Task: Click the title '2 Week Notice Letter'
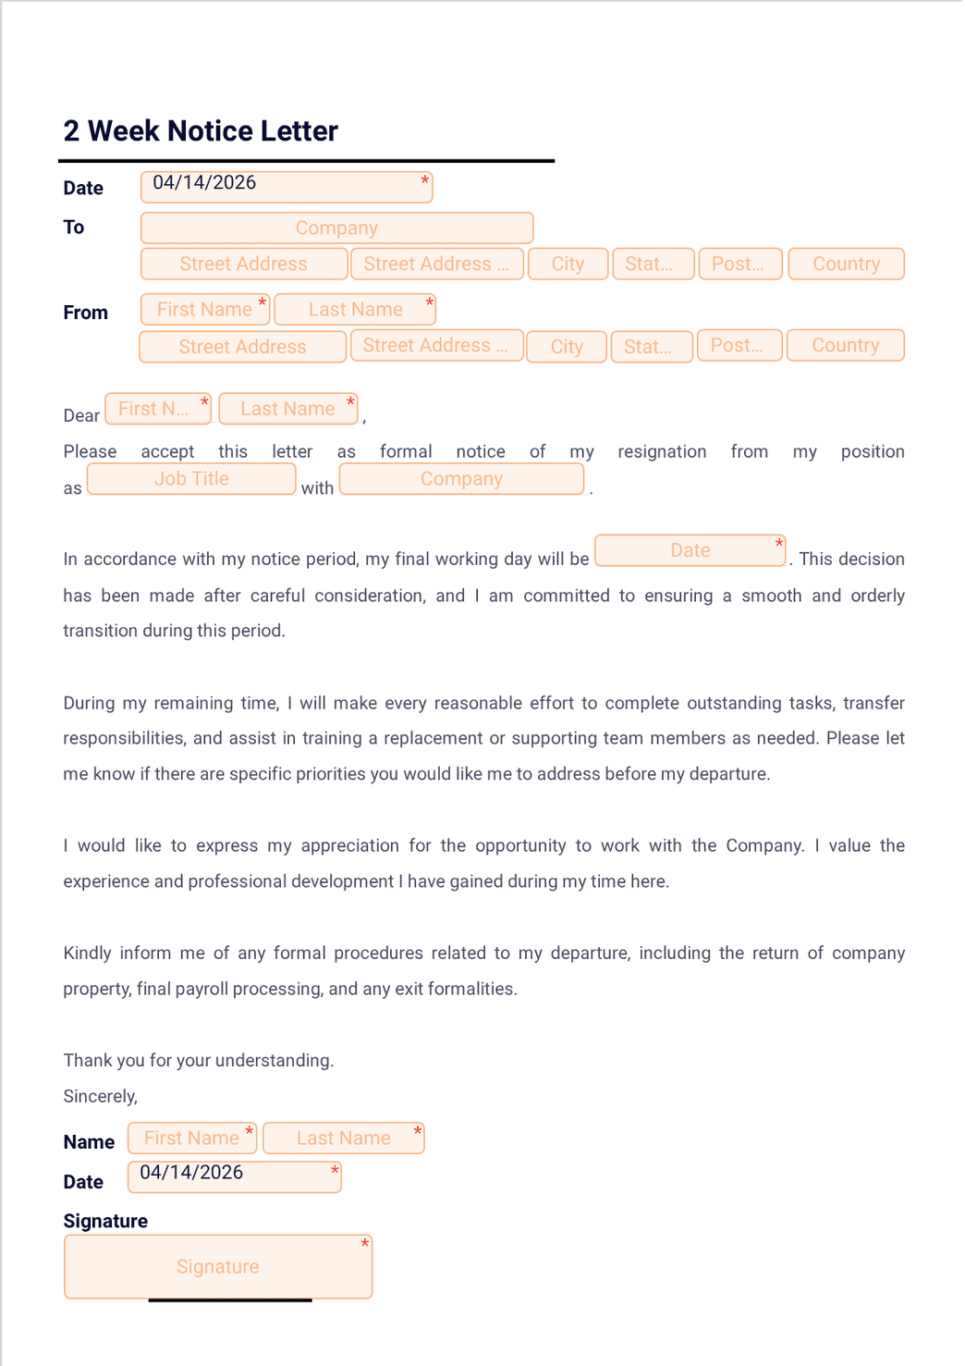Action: (x=201, y=131)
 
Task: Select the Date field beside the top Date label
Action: (x=286, y=186)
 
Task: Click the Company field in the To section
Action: (x=336, y=228)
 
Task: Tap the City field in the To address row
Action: (x=568, y=264)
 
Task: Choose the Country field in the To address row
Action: (x=846, y=264)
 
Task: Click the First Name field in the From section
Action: (x=204, y=309)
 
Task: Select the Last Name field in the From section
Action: (x=355, y=309)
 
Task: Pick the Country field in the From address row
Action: (x=845, y=345)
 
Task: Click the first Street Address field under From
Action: (x=242, y=346)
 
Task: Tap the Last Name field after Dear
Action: (x=287, y=409)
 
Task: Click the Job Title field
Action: (x=191, y=478)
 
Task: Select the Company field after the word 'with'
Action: (x=461, y=478)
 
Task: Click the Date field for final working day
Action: (x=690, y=550)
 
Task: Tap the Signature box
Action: (x=218, y=1266)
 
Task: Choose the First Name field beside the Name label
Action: (x=191, y=1138)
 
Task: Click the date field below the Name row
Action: (x=234, y=1176)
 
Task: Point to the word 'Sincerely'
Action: (x=100, y=1096)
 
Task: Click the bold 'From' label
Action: (x=85, y=313)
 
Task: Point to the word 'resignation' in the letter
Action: (x=662, y=451)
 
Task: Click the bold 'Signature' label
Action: (x=105, y=1221)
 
